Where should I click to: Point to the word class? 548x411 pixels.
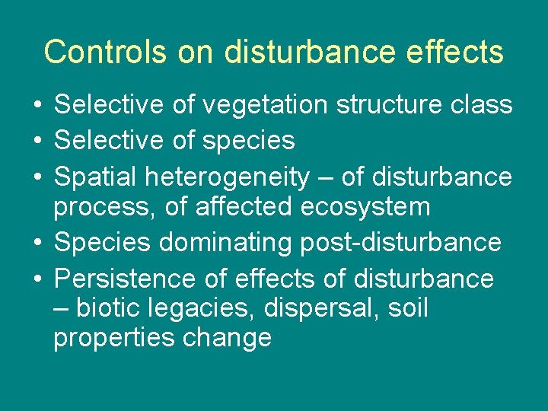click(479, 105)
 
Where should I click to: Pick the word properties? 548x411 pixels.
click(114, 338)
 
